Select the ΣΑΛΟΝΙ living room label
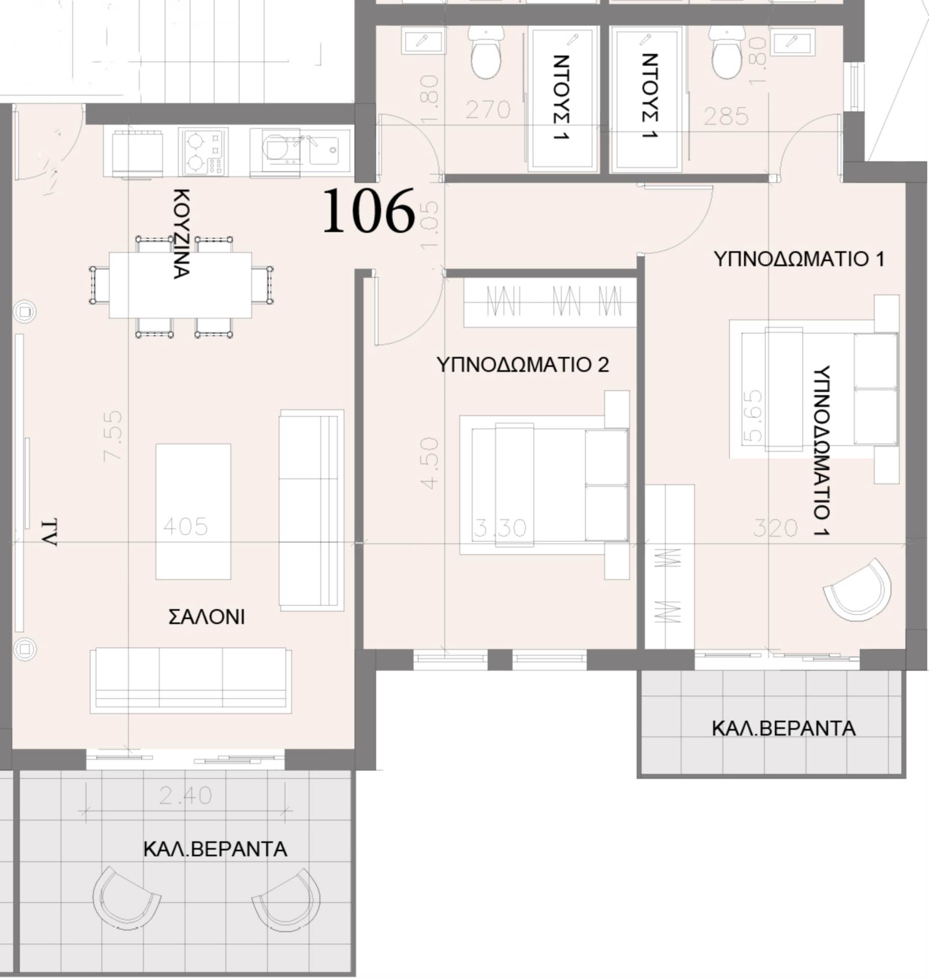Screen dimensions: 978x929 206,617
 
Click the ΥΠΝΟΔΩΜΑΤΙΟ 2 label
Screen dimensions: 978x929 523,365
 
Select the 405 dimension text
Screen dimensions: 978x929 185,527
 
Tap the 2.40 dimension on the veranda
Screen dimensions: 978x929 185,796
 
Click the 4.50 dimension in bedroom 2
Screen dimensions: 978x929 430,463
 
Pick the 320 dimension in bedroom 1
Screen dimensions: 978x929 775,529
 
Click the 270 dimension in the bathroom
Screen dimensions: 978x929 487,110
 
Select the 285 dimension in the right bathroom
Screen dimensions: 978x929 726,117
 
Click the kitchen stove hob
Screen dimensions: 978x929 203,152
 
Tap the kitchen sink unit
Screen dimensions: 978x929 300,152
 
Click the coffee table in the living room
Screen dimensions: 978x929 193,511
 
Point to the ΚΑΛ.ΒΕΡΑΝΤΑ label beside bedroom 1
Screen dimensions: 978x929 783,728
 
